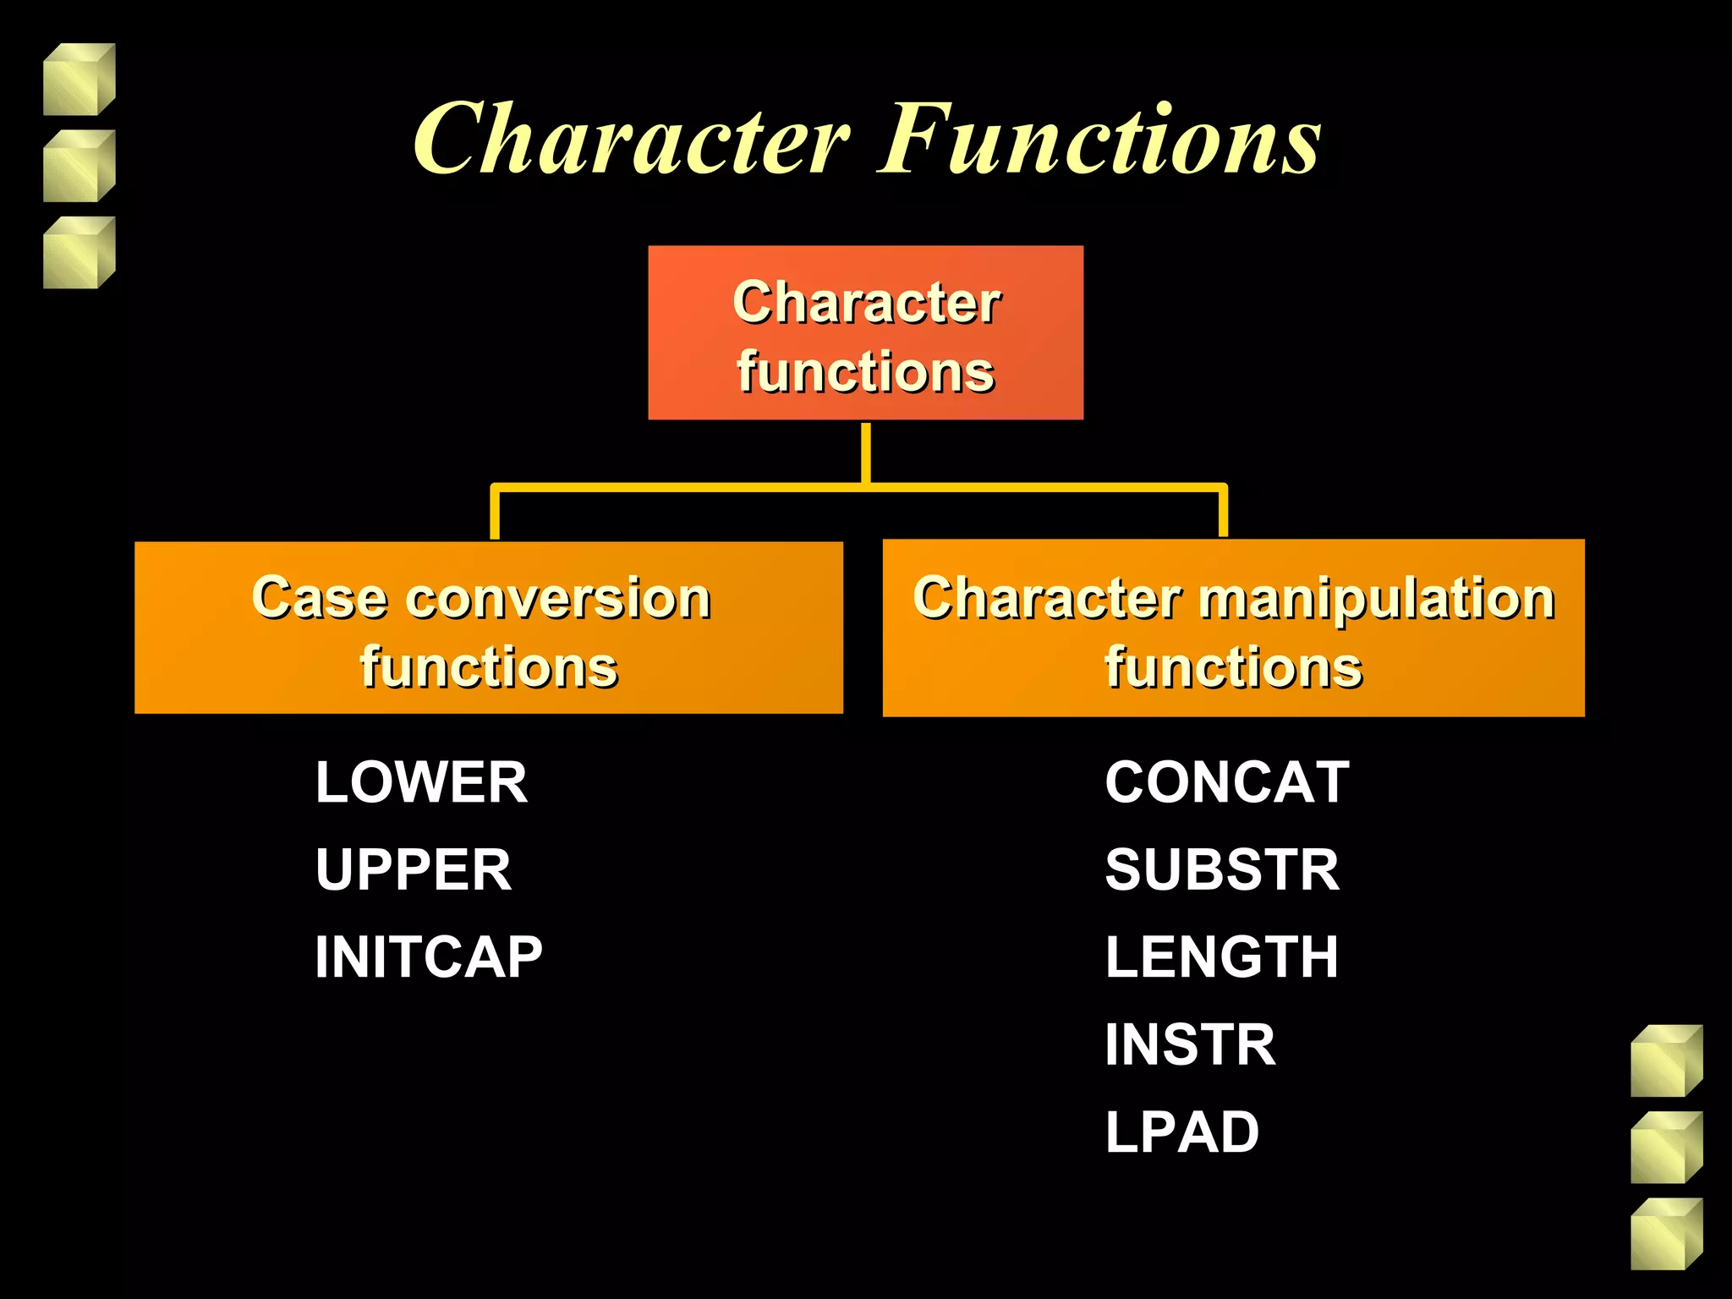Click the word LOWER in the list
point(421,782)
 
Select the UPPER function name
point(413,869)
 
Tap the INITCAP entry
point(428,957)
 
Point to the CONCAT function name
point(1226,782)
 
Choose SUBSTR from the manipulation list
point(1222,869)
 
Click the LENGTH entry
point(1221,957)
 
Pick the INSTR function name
point(1190,1044)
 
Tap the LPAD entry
point(1181,1132)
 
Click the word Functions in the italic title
point(1099,140)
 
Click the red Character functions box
point(865,332)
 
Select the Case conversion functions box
point(488,628)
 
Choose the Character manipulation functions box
point(1233,628)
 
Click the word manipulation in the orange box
point(1377,599)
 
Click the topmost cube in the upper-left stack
point(79,79)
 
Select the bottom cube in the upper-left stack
point(79,253)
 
